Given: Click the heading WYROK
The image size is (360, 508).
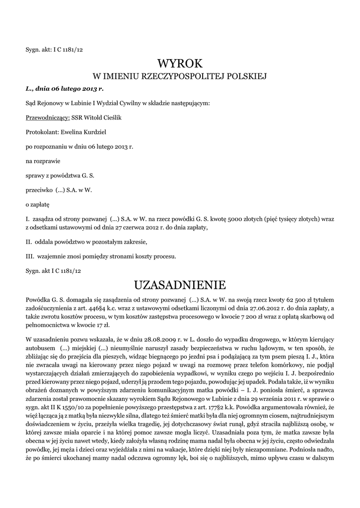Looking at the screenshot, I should [x=180, y=63].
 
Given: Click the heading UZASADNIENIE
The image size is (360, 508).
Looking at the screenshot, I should [x=180, y=285].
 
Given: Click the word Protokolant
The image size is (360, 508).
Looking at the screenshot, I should [x=41, y=132].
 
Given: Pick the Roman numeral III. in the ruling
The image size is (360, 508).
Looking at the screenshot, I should [x=30, y=256].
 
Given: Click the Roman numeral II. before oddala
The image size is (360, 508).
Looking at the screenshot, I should [x=29, y=242].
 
